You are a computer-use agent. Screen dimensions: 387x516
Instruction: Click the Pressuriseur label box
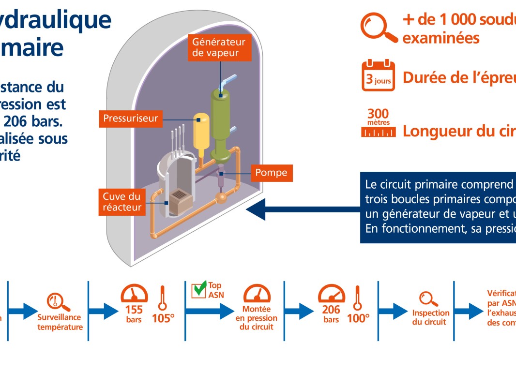[x=131, y=119]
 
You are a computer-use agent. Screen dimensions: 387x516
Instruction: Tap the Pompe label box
[x=272, y=173]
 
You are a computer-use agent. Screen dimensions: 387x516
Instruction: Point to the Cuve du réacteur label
[x=121, y=202]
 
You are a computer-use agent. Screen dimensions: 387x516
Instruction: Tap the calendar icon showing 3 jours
[x=378, y=76]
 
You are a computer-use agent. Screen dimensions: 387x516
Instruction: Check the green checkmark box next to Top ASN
[x=199, y=290]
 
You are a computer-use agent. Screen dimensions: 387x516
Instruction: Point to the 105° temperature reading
[x=163, y=318]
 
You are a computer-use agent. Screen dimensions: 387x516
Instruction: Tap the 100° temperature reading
[x=358, y=318]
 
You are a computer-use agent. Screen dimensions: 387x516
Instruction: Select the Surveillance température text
[x=60, y=322]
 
